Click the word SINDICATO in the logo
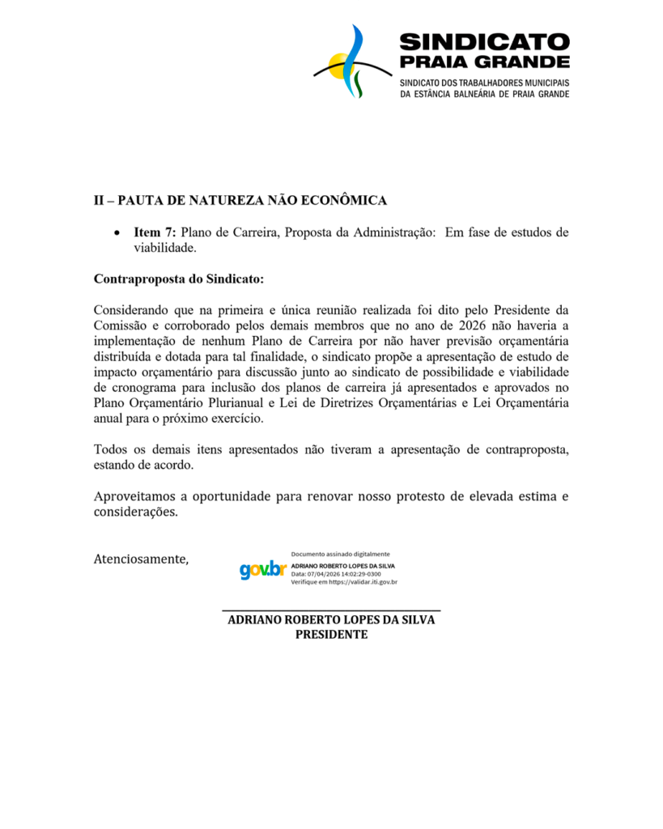484,42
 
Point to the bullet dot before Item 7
118,233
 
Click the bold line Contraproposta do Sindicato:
179,279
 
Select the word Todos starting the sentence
111,449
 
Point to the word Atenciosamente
141,559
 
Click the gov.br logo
263,569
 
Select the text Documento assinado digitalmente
340,554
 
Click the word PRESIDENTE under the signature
331,635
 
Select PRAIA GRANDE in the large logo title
484,62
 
